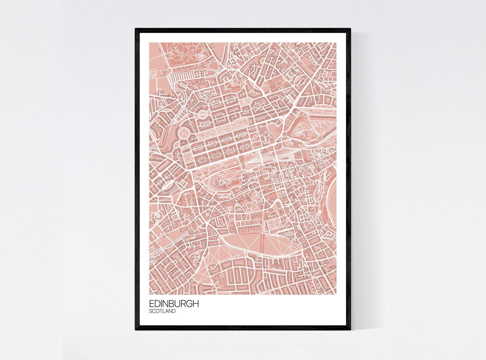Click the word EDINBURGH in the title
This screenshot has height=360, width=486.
(174, 304)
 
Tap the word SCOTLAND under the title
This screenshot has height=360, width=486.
(162, 311)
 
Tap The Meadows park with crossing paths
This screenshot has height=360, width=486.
(259, 241)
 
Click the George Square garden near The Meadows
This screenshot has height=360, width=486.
(276, 224)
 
